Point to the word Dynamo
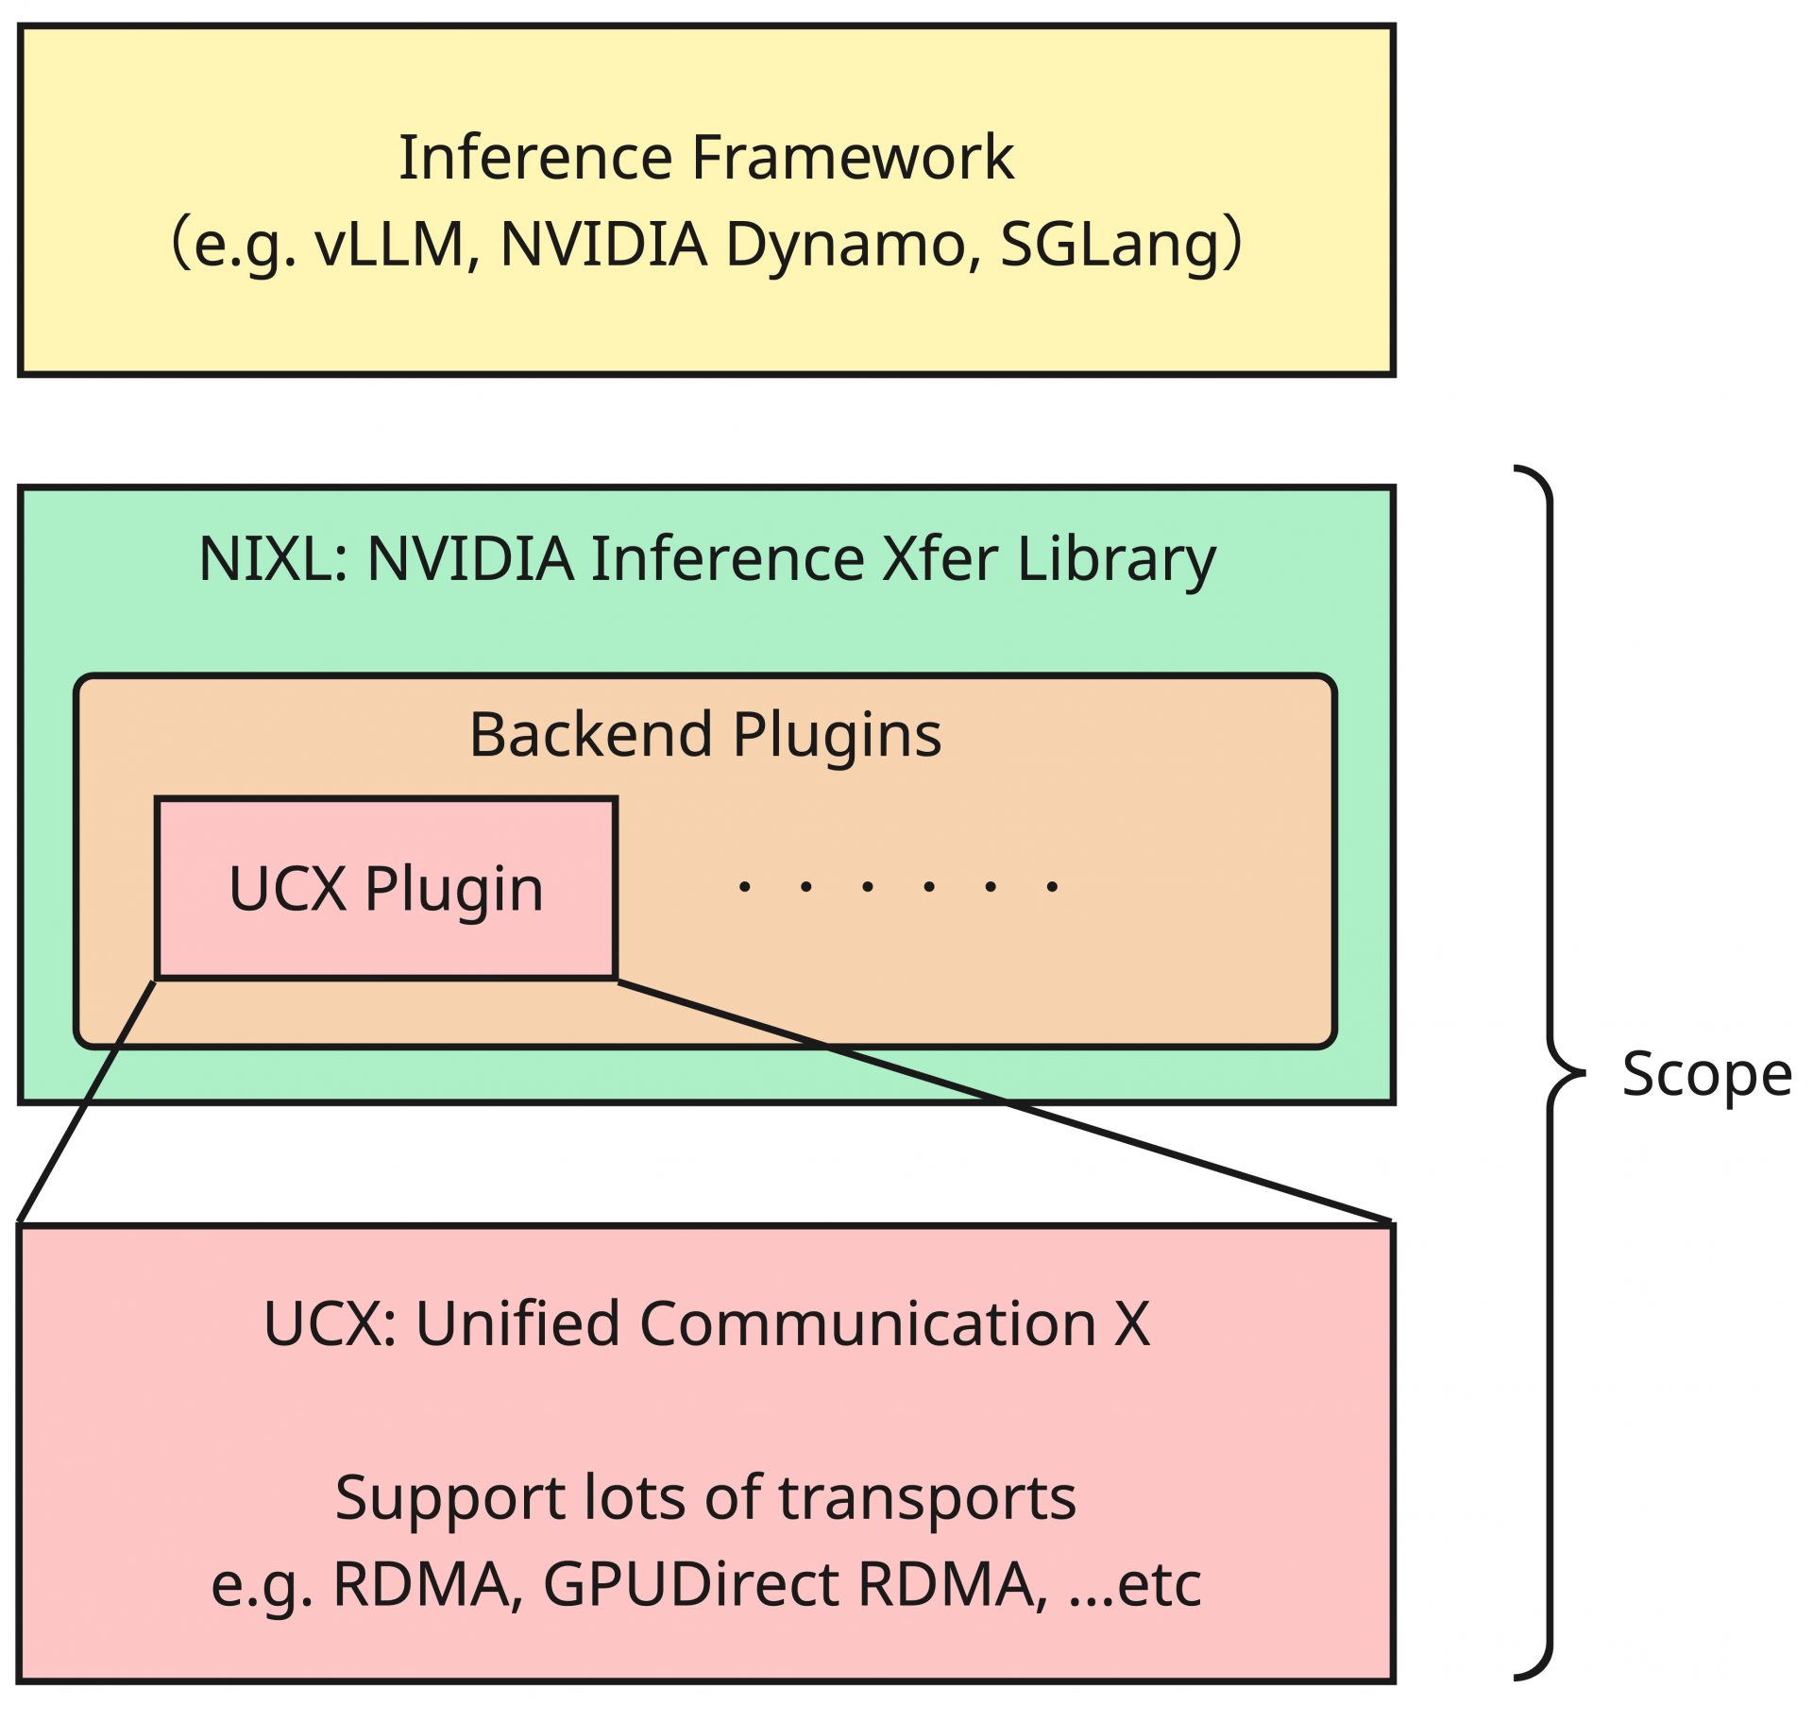coord(846,244)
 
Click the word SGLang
coord(1109,244)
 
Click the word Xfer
coord(940,558)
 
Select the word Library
coord(1116,558)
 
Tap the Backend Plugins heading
coord(705,735)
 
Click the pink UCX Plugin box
coord(386,888)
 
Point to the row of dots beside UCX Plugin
coord(898,886)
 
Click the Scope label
coord(1706,1074)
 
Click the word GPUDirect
coord(690,1584)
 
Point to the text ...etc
coord(1135,1584)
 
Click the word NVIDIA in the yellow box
coord(603,244)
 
